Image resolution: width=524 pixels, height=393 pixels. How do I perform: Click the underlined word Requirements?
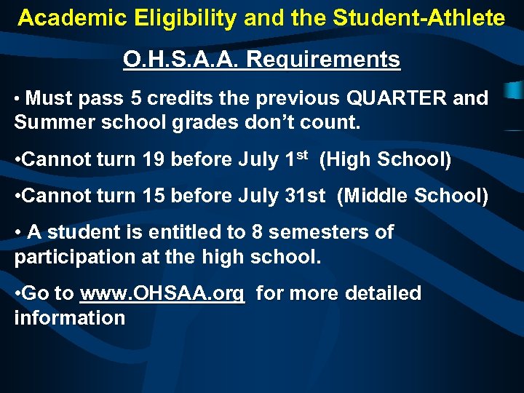[324, 59]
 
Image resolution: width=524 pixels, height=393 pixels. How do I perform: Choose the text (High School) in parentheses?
[385, 159]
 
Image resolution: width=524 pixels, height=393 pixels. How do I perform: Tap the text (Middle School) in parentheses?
[412, 196]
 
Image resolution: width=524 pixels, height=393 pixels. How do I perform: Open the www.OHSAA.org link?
[162, 293]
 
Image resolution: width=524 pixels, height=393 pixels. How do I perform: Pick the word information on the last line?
[70, 318]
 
